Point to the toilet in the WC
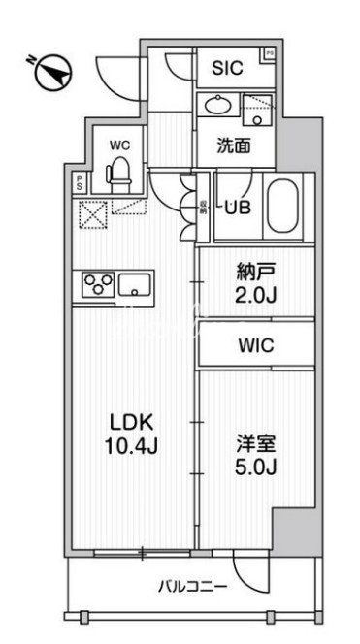pyautogui.click(x=119, y=174)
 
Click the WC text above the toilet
pyautogui.click(x=119, y=145)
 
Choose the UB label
pyautogui.click(x=237, y=206)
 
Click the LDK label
pyautogui.click(x=128, y=423)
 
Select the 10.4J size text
pyautogui.click(x=128, y=447)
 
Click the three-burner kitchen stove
pyautogui.click(x=96, y=284)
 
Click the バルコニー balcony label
pyautogui.click(x=193, y=587)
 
